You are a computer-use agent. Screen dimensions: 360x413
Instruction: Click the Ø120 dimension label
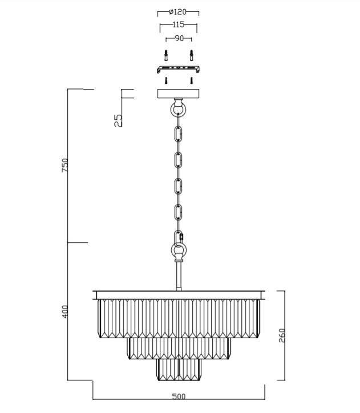177,12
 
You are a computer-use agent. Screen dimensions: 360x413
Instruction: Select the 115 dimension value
178,25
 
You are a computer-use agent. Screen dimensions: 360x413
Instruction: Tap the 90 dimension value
179,38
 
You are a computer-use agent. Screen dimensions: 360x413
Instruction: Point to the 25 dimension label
118,120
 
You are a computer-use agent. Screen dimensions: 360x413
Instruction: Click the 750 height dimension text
65,165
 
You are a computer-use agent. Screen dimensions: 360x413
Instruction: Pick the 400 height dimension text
65,311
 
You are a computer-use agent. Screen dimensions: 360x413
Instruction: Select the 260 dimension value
282,335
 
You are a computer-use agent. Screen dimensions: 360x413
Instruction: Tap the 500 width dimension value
179,396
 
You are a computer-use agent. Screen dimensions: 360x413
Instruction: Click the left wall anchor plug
166,55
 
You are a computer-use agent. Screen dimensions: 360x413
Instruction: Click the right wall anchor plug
192,55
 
